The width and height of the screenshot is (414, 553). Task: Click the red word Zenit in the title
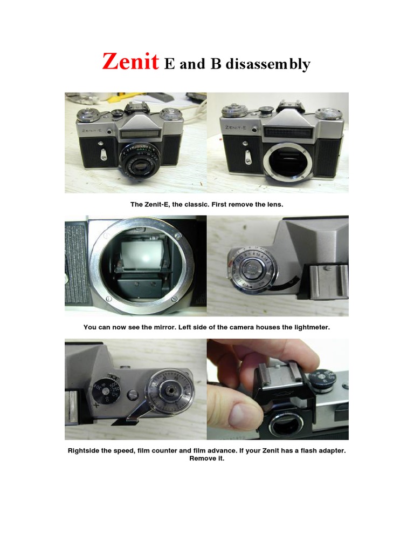tap(130, 63)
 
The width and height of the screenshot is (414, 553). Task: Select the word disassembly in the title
tap(268, 64)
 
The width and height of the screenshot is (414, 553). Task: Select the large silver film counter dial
tap(170, 392)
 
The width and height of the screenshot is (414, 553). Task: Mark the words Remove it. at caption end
tap(206, 458)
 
